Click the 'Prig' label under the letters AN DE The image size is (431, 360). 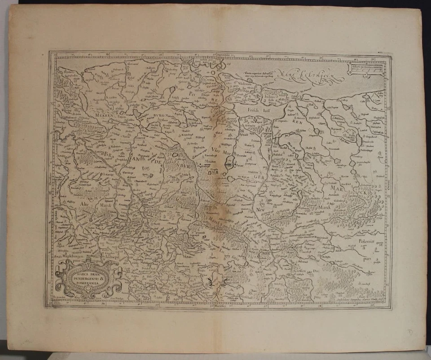point(145,169)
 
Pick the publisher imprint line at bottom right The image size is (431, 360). point(355,300)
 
